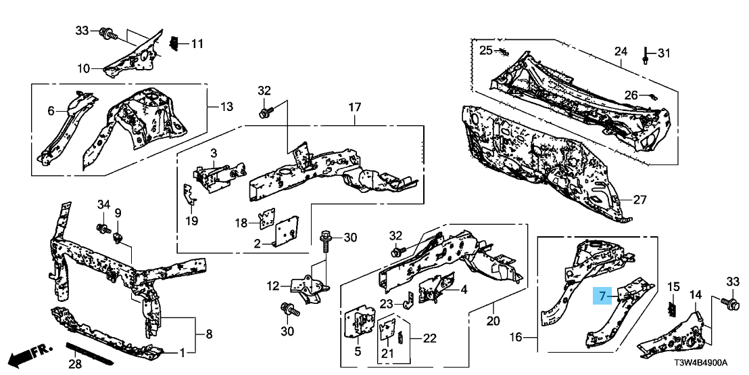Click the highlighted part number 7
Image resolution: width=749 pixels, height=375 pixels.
click(602, 296)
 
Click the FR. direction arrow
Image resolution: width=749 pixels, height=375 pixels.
click(32, 353)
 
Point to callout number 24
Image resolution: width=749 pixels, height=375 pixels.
click(621, 51)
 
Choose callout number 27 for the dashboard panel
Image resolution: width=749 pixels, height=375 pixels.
click(639, 200)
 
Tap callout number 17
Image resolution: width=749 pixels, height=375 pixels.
click(356, 108)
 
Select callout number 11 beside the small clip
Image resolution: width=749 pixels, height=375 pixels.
click(197, 45)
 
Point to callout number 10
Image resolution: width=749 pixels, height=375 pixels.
click(83, 68)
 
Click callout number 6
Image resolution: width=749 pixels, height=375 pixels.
click(50, 110)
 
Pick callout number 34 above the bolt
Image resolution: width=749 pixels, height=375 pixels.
click(103, 205)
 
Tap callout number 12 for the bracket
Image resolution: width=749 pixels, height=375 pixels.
click(271, 286)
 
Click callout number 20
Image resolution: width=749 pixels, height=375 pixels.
click(492, 320)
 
